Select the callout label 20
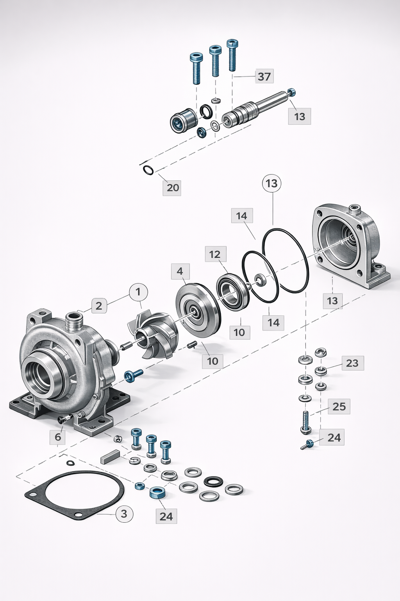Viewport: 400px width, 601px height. [172, 187]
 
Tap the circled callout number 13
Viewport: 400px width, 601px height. [272, 183]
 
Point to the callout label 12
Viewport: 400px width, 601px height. [215, 255]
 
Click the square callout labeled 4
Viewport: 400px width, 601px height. [180, 271]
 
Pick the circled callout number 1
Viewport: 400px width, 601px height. [137, 292]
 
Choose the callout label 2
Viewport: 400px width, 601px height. [99, 306]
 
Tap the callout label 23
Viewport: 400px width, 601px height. [352, 363]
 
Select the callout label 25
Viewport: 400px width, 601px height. [339, 407]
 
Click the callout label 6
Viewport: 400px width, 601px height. [58, 437]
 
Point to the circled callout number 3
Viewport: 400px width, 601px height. [124, 513]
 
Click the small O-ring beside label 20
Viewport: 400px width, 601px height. [148, 170]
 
